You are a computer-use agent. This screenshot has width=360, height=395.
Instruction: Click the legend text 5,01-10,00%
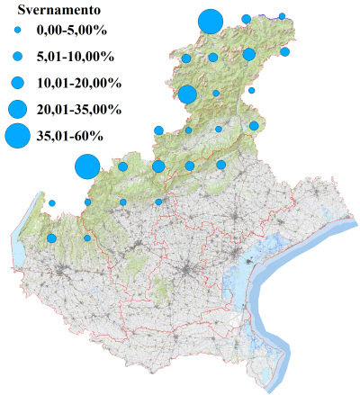click(75, 56)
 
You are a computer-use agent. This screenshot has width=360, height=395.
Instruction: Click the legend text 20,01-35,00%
click(78, 109)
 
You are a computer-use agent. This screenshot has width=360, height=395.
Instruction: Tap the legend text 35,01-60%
click(71, 137)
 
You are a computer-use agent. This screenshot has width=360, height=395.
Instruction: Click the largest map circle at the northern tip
click(210, 21)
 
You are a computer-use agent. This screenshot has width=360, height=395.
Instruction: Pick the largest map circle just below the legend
click(86, 166)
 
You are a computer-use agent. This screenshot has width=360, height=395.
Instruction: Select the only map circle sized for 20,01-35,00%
click(188, 94)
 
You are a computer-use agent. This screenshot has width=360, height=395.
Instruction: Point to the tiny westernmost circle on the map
click(52, 202)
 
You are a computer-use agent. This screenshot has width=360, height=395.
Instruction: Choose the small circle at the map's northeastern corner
click(282, 16)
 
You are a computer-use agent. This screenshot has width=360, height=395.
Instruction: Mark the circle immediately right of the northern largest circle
click(246, 19)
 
